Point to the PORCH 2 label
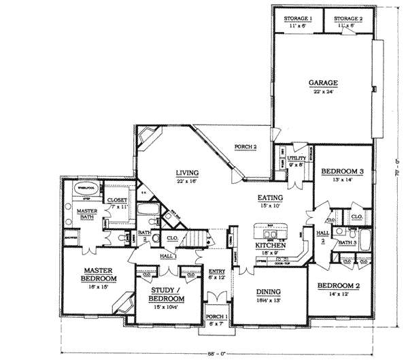245,146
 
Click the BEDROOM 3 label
338,171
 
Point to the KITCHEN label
270,244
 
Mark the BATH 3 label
347,242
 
